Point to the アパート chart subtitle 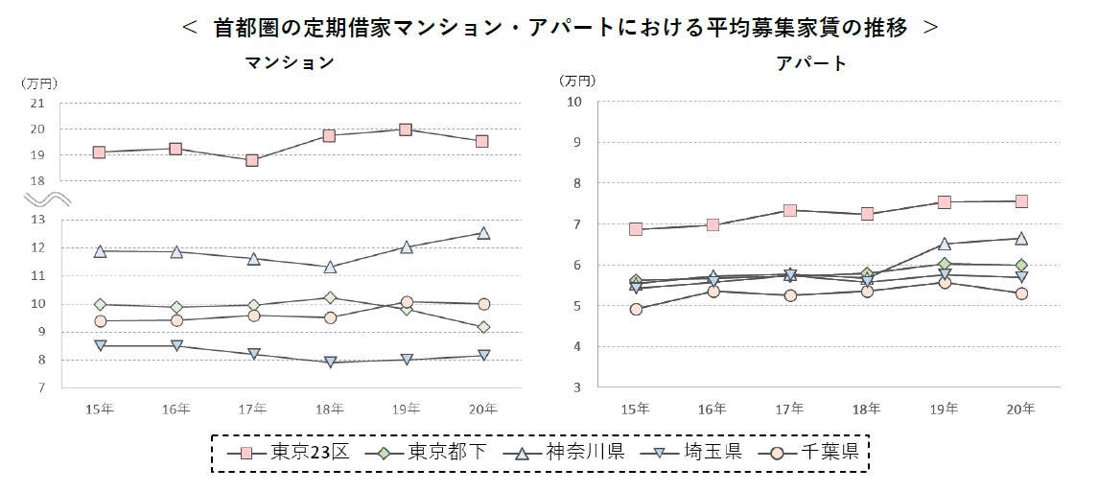point(811,63)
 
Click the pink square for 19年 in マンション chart point(406,129)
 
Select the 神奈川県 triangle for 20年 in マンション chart point(483,233)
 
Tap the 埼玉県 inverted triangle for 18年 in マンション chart point(329,362)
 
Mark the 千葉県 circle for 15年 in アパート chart point(635,309)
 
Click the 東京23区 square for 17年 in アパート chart point(789,210)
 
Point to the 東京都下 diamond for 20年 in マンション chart point(483,327)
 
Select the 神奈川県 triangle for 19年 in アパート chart point(944,244)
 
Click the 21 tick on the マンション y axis point(38,103)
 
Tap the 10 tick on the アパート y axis point(574,102)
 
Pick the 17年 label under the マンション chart point(252,410)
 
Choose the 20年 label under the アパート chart point(1021,410)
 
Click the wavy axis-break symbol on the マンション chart point(44,199)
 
